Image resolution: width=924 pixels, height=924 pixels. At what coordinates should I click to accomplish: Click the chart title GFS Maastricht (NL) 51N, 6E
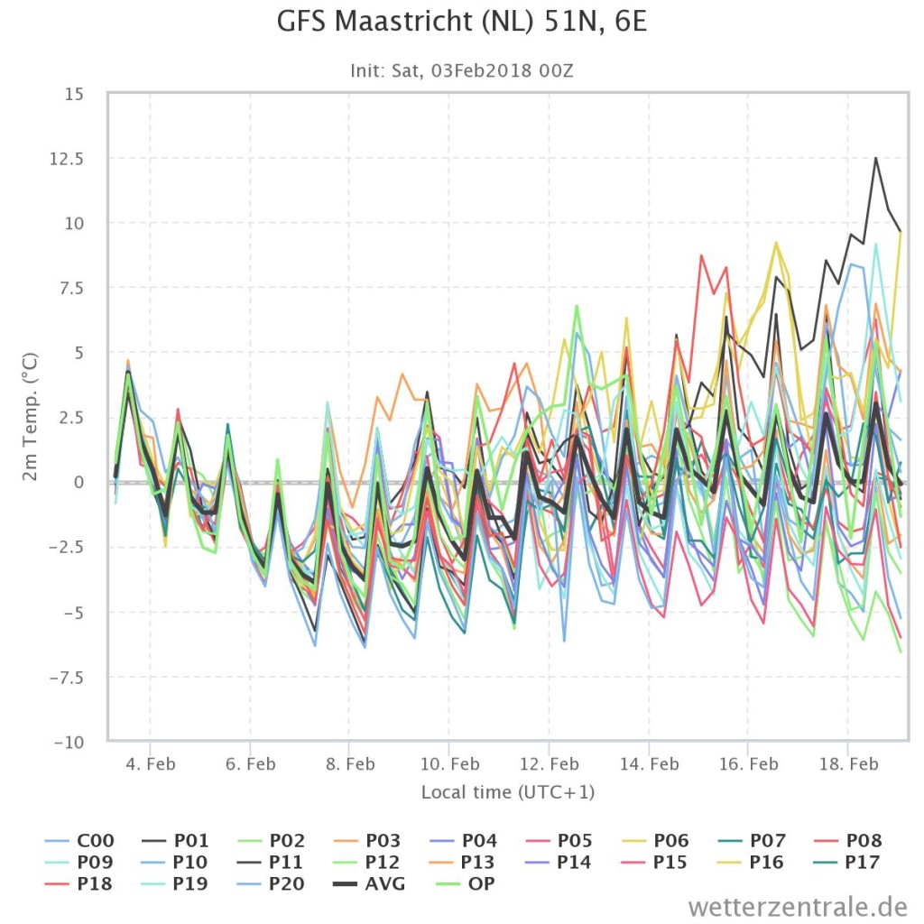pos(461,22)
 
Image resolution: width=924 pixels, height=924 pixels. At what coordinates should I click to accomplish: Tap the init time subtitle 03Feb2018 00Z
pos(502,70)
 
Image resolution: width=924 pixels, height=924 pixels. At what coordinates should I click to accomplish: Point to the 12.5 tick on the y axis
pos(67,159)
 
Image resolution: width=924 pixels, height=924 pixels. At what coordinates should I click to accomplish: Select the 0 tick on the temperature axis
pos(79,483)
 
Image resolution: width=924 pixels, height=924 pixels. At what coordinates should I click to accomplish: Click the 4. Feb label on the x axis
pos(151,764)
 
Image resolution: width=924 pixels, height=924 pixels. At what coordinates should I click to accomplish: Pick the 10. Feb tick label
pos(449,764)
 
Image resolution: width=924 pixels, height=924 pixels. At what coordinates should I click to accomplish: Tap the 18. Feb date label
pos(848,764)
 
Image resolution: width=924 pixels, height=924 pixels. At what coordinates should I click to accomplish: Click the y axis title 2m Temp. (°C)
pos(30,417)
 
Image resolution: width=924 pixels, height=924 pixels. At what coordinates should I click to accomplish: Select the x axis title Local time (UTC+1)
pos(508,792)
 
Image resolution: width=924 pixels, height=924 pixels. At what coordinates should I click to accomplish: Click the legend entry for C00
pos(80,840)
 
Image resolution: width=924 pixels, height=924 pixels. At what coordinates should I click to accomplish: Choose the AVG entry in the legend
pos(369,884)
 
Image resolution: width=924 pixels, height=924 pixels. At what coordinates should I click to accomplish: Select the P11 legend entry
pos(271,862)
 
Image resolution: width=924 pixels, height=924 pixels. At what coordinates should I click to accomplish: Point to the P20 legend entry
pos(271,884)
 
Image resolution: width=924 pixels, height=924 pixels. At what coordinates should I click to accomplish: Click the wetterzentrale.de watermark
pos(798,906)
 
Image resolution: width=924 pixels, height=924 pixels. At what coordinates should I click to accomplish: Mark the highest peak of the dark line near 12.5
pos(875,158)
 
